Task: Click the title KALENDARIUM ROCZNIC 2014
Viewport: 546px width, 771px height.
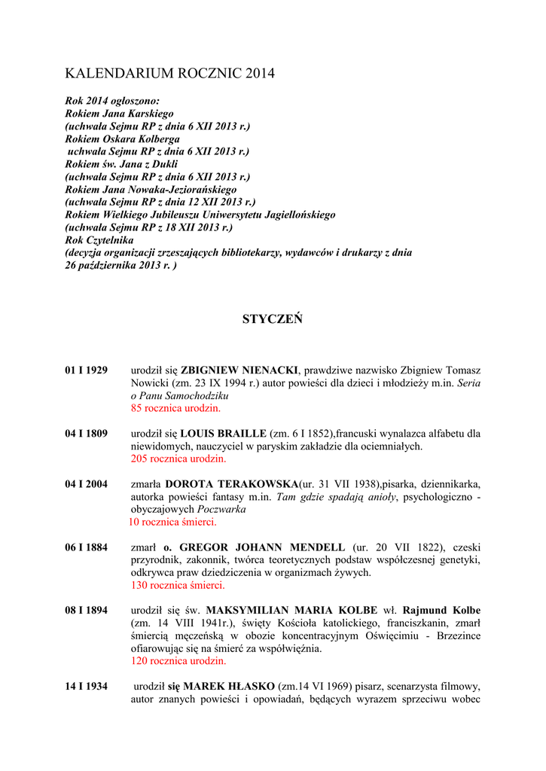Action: (x=169, y=74)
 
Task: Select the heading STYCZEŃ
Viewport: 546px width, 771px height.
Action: (x=273, y=320)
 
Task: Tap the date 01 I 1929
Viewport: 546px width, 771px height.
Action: (x=86, y=370)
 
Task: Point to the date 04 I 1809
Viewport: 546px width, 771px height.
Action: (x=86, y=434)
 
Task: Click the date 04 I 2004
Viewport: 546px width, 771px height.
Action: (x=86, y=484)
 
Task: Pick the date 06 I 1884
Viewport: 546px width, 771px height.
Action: (x=86, y=547)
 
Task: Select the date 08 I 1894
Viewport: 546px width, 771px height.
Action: (x=86, y=611)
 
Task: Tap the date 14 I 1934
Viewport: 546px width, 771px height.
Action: (x=86, y=687)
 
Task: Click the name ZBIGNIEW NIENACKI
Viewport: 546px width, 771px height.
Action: (x=239, y=370)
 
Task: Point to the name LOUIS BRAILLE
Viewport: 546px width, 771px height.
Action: (x=223, y=434)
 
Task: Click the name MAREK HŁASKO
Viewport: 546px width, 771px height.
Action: (x=229, y=687)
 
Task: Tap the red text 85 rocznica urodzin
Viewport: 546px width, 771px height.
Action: (x=176, y=408)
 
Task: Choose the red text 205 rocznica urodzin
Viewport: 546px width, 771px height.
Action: (x=178, y=459)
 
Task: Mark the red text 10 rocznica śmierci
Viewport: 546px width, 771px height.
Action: (x=172, y=522)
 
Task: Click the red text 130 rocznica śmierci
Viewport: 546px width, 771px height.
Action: (x=178, y=585)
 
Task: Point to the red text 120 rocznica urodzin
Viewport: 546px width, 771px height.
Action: (x=178, y=661)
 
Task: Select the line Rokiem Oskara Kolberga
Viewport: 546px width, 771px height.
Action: (x=123, y=139)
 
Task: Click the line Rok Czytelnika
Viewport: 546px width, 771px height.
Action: (x=99, y=240)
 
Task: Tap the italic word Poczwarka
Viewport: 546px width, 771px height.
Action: (x=222, y=510)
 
